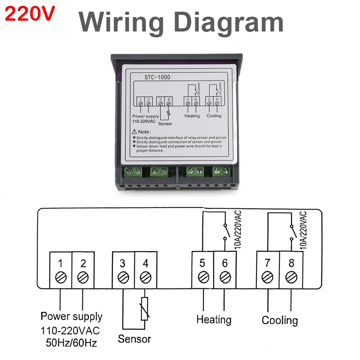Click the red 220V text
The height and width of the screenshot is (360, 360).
pos(30,15)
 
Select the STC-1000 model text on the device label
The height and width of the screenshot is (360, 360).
pos(157,77)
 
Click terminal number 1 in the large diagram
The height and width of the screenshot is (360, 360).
pos(60,263)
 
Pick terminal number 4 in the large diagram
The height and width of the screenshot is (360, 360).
pos(145,263)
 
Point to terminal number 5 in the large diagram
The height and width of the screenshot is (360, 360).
pos(202,263)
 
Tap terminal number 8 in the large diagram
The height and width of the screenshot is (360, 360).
pos(291,263)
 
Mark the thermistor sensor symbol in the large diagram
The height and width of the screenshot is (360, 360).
pos(145,309)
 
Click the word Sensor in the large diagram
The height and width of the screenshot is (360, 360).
pos(134,339)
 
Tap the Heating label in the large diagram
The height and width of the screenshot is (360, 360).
pos(214,320)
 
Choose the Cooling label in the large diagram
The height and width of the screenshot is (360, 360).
pos(280,320)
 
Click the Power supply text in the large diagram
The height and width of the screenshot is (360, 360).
pos(72,317)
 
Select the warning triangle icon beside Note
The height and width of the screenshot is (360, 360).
pos(135,132)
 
